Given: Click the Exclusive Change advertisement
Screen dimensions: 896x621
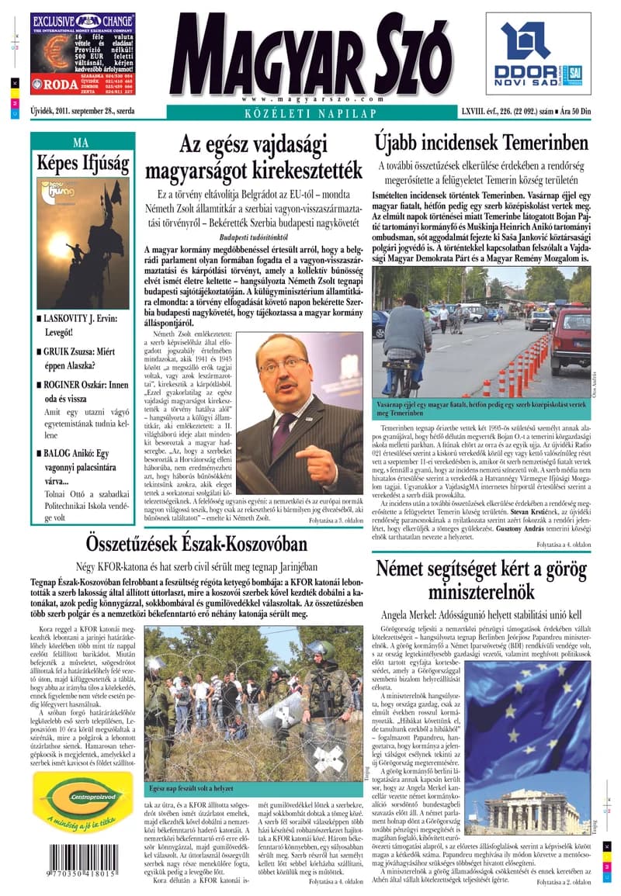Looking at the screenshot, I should click(x=80, y=54).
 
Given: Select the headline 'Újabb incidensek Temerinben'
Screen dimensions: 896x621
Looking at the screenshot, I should click(x=481, y=144).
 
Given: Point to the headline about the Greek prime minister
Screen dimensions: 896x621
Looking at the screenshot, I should click(x=481, y=580).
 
